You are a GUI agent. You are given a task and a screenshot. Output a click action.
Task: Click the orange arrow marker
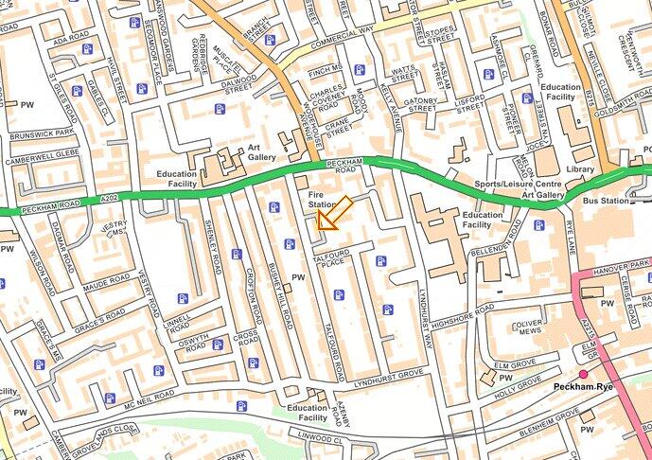(332, 214)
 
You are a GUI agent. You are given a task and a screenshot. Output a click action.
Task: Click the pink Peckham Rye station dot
(584, 375)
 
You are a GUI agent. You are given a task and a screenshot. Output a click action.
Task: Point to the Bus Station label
(606, 202)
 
